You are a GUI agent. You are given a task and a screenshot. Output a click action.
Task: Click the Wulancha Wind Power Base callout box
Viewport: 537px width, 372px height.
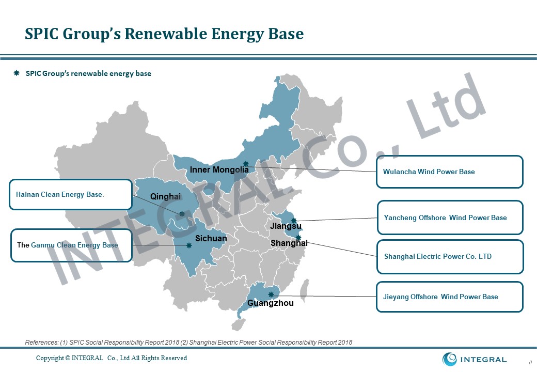coord(449,172)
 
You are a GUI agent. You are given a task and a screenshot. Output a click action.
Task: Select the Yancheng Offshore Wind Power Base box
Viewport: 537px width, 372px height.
coord(450,218)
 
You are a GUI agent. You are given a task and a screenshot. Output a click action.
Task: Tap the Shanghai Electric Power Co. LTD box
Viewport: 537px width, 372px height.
coord(450,257)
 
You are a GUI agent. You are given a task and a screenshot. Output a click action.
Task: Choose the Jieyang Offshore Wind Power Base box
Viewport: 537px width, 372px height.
coord(449,297)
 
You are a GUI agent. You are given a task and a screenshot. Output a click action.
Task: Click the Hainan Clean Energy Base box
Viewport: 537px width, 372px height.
coord(71,194)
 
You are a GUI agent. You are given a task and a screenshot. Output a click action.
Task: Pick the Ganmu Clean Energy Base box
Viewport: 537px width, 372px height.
coord(71,245)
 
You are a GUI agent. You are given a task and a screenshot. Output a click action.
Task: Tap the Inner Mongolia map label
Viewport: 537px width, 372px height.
coord(219,169)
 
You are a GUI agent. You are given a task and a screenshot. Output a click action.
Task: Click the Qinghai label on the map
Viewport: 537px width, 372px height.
coord(165,197)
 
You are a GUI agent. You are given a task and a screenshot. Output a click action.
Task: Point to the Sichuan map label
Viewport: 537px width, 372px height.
coord(211,238)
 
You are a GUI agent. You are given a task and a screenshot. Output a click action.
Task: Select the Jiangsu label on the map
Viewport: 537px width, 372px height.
coord(286,226)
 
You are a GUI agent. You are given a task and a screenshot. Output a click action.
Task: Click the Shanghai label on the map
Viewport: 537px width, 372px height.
coord(289,243)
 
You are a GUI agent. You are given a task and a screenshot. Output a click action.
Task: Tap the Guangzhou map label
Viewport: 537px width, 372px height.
coord(270,303)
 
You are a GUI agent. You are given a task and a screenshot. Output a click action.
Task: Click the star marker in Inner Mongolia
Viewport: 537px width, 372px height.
coord(246,164)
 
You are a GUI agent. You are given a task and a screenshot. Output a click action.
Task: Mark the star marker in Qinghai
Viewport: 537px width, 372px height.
coord(182,214)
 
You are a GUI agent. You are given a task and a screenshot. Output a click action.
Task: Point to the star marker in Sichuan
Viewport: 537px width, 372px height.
coord(188,245)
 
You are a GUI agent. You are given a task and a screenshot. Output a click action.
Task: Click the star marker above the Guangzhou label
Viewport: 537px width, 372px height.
coord(271,295)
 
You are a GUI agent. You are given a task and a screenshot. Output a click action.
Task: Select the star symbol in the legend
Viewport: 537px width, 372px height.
coord(17,73)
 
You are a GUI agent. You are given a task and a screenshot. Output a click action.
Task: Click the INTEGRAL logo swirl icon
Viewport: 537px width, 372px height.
coord(449,359)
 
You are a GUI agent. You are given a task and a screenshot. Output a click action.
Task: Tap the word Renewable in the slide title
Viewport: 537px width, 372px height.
coord(165,34)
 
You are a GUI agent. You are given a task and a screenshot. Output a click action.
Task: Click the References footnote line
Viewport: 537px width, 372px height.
coord(188,342)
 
